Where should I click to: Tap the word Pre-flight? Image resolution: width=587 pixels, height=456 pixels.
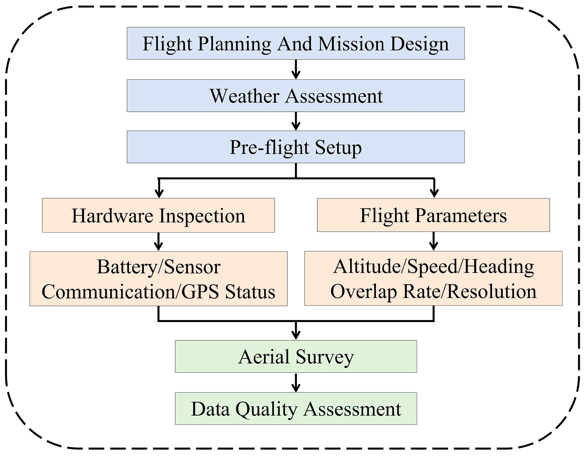point(269,148)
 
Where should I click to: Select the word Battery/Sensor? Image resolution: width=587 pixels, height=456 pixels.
point(159,267)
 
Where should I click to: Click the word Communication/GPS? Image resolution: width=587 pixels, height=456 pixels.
point(130,292)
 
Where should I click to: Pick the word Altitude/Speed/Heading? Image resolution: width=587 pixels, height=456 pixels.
point(433,267)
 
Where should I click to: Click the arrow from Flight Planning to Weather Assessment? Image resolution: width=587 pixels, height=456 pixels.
point(296,69)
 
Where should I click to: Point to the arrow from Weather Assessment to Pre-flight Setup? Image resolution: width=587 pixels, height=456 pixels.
point(296,121)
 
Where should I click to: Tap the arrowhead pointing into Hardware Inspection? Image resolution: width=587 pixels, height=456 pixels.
point(159,193)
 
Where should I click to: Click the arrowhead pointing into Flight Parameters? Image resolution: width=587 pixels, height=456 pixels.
point(434,193)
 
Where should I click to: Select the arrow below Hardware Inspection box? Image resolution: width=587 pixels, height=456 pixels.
point(159,242)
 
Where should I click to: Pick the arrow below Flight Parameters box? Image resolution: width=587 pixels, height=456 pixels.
point(433,241)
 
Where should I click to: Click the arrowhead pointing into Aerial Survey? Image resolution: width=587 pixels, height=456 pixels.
point(296,335)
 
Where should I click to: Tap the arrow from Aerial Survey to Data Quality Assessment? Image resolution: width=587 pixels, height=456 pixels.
point(296,383)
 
